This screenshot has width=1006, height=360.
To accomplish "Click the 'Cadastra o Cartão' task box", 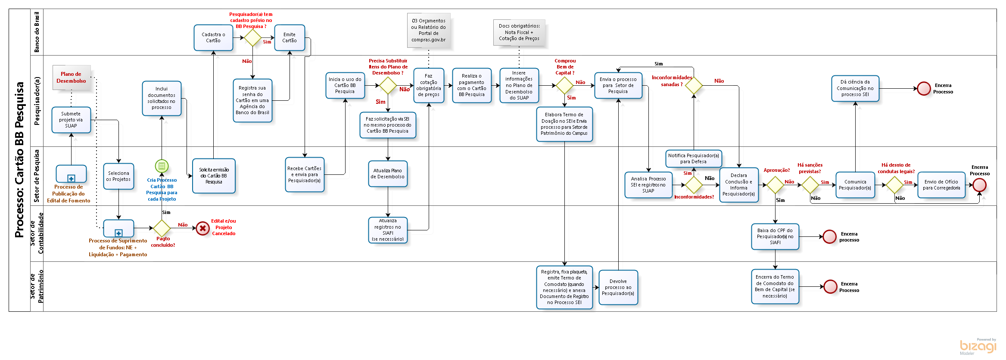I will (213, 38).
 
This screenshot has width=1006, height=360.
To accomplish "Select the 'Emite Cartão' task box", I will (290, 38).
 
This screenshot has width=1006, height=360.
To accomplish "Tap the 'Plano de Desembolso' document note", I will (72, 78).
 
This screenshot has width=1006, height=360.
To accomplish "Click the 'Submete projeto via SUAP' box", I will (71, 120).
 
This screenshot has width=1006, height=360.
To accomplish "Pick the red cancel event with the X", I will (202, 228).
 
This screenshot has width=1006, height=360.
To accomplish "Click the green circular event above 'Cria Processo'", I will (162, 166).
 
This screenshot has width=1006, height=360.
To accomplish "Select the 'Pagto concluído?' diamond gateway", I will (162, 228).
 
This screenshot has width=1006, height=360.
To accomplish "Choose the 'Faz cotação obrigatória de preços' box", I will (429, 86).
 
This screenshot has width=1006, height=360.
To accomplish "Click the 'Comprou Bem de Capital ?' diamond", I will (564, 85).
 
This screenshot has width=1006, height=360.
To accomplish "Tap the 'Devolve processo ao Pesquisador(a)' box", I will (618, 287).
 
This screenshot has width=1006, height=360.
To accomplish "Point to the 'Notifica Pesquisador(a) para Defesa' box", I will (693, 158).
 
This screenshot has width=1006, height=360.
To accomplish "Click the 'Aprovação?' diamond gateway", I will (775, 185).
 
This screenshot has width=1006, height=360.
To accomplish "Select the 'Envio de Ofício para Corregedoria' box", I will (941, 185).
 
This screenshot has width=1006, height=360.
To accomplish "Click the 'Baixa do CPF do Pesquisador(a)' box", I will (775, 236).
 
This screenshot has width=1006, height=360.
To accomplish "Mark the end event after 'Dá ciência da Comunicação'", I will (924, 89).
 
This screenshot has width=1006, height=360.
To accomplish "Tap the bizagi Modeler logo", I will (978, 346).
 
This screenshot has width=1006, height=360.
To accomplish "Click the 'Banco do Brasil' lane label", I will (37, 32).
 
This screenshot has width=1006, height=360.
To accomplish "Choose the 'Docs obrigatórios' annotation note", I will (519, 33).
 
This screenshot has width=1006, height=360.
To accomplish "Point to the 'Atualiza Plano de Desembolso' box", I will (388, 174).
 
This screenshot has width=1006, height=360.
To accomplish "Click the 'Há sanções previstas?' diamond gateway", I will (810, 185).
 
